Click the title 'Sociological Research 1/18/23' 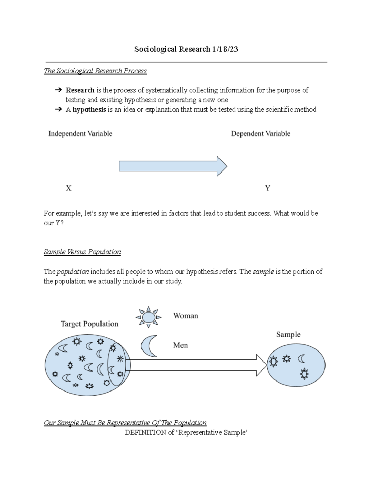pos(186,49)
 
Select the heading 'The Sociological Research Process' pos(95,71)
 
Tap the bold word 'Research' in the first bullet pos(80,90)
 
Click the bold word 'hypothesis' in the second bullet pos(89,110)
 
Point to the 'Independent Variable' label pos(80,134)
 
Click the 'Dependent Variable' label pos(260,134)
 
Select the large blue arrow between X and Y pos(173,166)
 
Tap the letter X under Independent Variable pos(69,188)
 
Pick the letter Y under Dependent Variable pos(267,188)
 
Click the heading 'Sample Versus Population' pos(82,252)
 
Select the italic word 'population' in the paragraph pos(73,272)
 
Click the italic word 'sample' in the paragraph pos(263,272)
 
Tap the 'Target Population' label pos(90,324)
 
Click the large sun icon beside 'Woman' pos(149,317)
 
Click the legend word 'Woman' pos(186,316)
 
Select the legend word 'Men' pos(180,345)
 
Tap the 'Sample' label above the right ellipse pos(288,335)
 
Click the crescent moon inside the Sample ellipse pos(301,359)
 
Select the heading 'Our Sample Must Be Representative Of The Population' pos(125,423)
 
